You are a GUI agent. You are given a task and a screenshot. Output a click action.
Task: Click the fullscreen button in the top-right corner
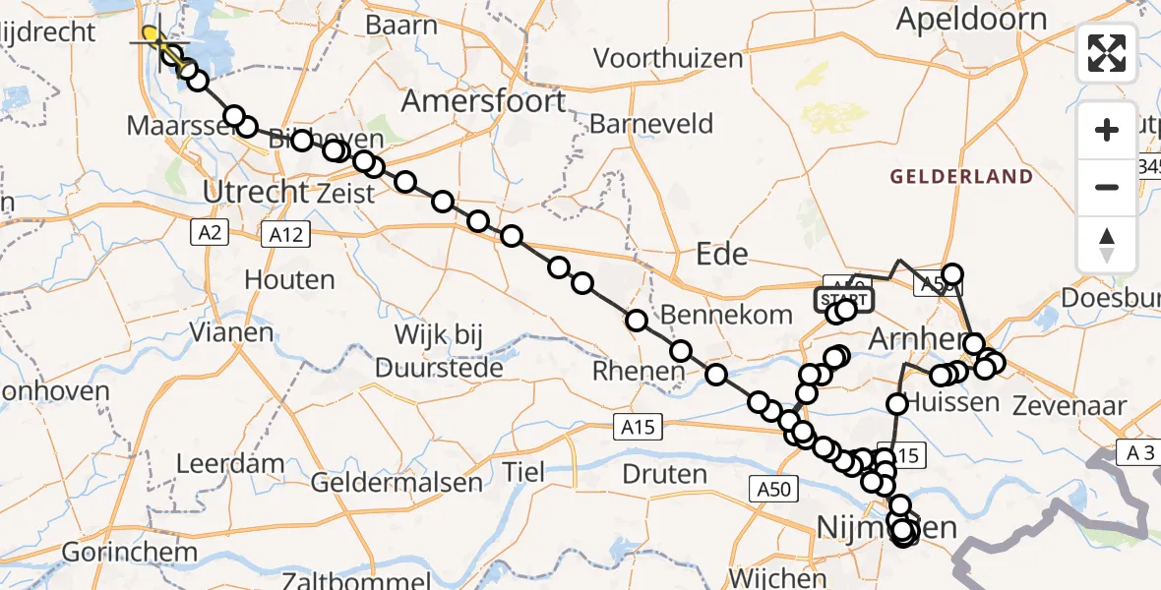click(x=1107, y=52)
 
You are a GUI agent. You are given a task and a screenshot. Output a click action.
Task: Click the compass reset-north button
click(x=1107, y=245)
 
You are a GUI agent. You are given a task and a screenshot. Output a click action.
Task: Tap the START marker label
click(x=843, y=299)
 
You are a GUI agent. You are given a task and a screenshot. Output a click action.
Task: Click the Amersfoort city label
click(x=483, y=101)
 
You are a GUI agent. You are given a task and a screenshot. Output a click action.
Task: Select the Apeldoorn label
click(x=971, y=19)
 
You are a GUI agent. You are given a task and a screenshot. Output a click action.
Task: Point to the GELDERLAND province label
click(x=961, y=177)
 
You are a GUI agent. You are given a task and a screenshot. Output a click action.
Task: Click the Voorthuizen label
click(x=668, y=58)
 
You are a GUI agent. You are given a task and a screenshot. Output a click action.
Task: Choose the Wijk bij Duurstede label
click(x=435, y=351)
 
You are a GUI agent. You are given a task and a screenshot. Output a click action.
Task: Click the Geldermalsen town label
click(x=397, y=482)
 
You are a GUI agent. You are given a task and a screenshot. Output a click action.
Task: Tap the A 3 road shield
click(x=1139, y=452)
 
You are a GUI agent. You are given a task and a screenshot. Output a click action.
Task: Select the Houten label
click(x=289, y=279)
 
